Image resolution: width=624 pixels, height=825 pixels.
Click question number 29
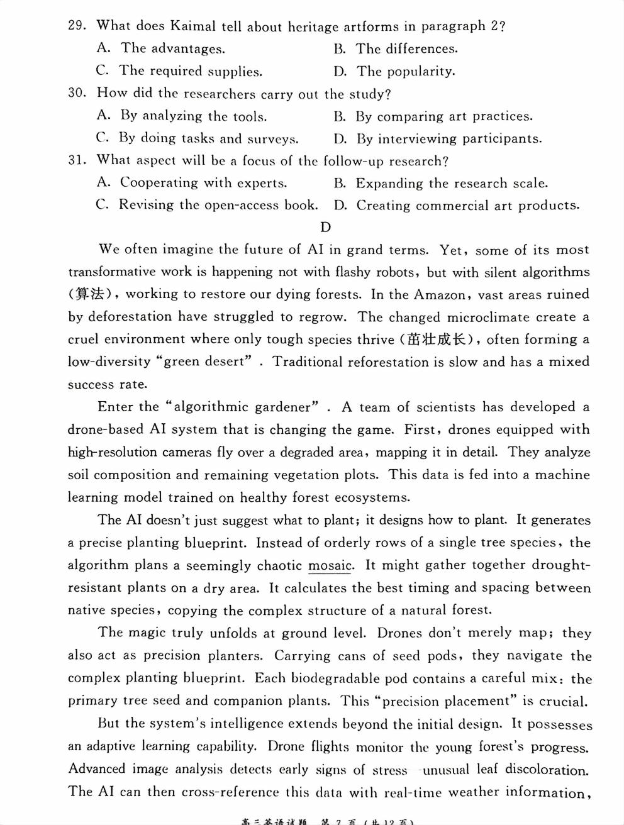point(76,26)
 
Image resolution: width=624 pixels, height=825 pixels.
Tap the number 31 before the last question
point(76,160)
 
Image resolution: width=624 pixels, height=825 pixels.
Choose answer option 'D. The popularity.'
point(394,71)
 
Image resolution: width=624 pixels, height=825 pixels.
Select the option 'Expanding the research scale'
point(440,183)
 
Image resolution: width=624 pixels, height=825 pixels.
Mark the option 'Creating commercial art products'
point(456,206)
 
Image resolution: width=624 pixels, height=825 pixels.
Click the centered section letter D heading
point(325,227)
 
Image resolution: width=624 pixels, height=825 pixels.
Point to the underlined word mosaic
point(330,565)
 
